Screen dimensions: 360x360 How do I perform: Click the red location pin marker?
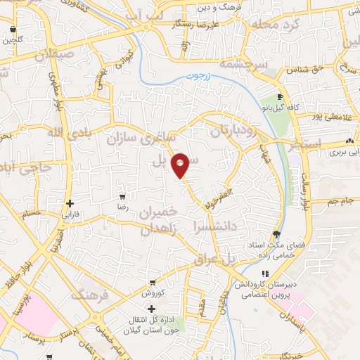point(181,165)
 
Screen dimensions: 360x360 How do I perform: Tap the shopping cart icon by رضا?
point(123,198)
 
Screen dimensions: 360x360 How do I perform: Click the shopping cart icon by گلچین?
point(14,30)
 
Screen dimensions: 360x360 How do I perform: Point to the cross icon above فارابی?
point(69,203)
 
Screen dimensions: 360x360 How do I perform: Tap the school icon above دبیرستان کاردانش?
point(264,274)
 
